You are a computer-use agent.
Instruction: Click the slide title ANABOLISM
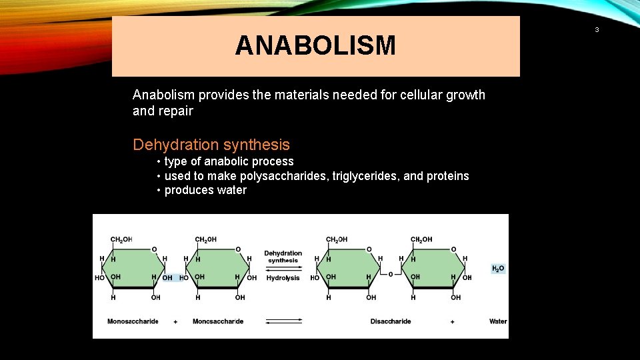tap(315, 46)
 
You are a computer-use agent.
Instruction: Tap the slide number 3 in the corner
tap(597, 30)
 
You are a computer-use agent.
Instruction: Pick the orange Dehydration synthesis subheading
tap(211, 145)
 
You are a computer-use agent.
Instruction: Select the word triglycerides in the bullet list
tap(365, 176)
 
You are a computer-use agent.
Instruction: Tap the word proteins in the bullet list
tap(447, 176)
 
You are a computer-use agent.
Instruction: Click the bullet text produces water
tap(205, 190)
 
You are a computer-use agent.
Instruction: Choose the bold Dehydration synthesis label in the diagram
tap(283, 257)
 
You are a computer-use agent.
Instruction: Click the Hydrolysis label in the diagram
tap(283, 278)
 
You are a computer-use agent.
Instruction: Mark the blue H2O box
tap(498, 269)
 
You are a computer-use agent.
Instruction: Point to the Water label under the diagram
tap(498, 321)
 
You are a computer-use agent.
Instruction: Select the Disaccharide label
tap(391, 321)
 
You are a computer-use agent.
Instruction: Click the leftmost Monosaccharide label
tap(133, 321)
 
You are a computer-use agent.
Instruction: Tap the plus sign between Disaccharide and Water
tap(453, 321)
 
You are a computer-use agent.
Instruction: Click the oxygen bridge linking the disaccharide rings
tap(391, 273)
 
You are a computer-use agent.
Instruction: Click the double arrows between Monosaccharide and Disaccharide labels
tap(283, 321)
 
